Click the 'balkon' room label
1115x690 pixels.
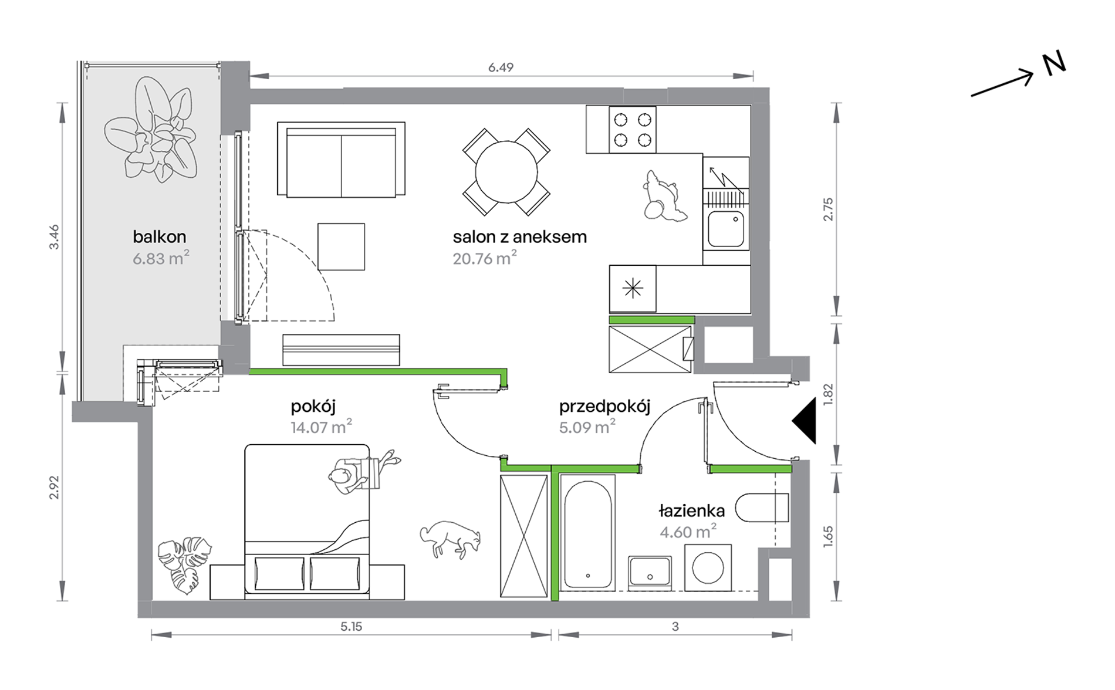pyautogui.click(x=159, y=236)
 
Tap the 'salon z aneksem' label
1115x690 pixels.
pyautogui.click(x=519, y=236)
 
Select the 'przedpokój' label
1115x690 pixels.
pyautogui.click(x=604, y=407)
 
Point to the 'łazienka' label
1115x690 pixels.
pyautogui.click(x=691, y=510)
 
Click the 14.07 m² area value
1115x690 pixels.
pyautogui.click(x=321, y=427)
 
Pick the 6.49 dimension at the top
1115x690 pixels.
pyautogui.click(x=501, y=67)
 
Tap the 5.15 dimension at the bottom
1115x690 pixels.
pyautogui.click(x=351, y=627)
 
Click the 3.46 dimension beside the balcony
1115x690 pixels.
pyautogui.click(x=54, y=237)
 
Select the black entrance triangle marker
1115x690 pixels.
pyautogui.click(x=805, y=421)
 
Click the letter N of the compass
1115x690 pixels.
pyautogui.click(x=1054, y=64)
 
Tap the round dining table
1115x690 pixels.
pyautogui.click(x=506, y=172)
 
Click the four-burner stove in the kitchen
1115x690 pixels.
pyautogui.click(x=632, y=130)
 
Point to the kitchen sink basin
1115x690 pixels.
pyautogui.click(x=726, y=229)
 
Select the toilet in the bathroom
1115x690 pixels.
pyautogui.click(x=762, y=508)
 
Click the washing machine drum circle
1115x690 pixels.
pyautogui.click(x=708, y=568)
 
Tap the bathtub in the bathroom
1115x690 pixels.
pyautogui.click(x=587, y=533)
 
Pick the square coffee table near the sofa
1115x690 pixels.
pyautogui.click(x=341, y=246)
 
